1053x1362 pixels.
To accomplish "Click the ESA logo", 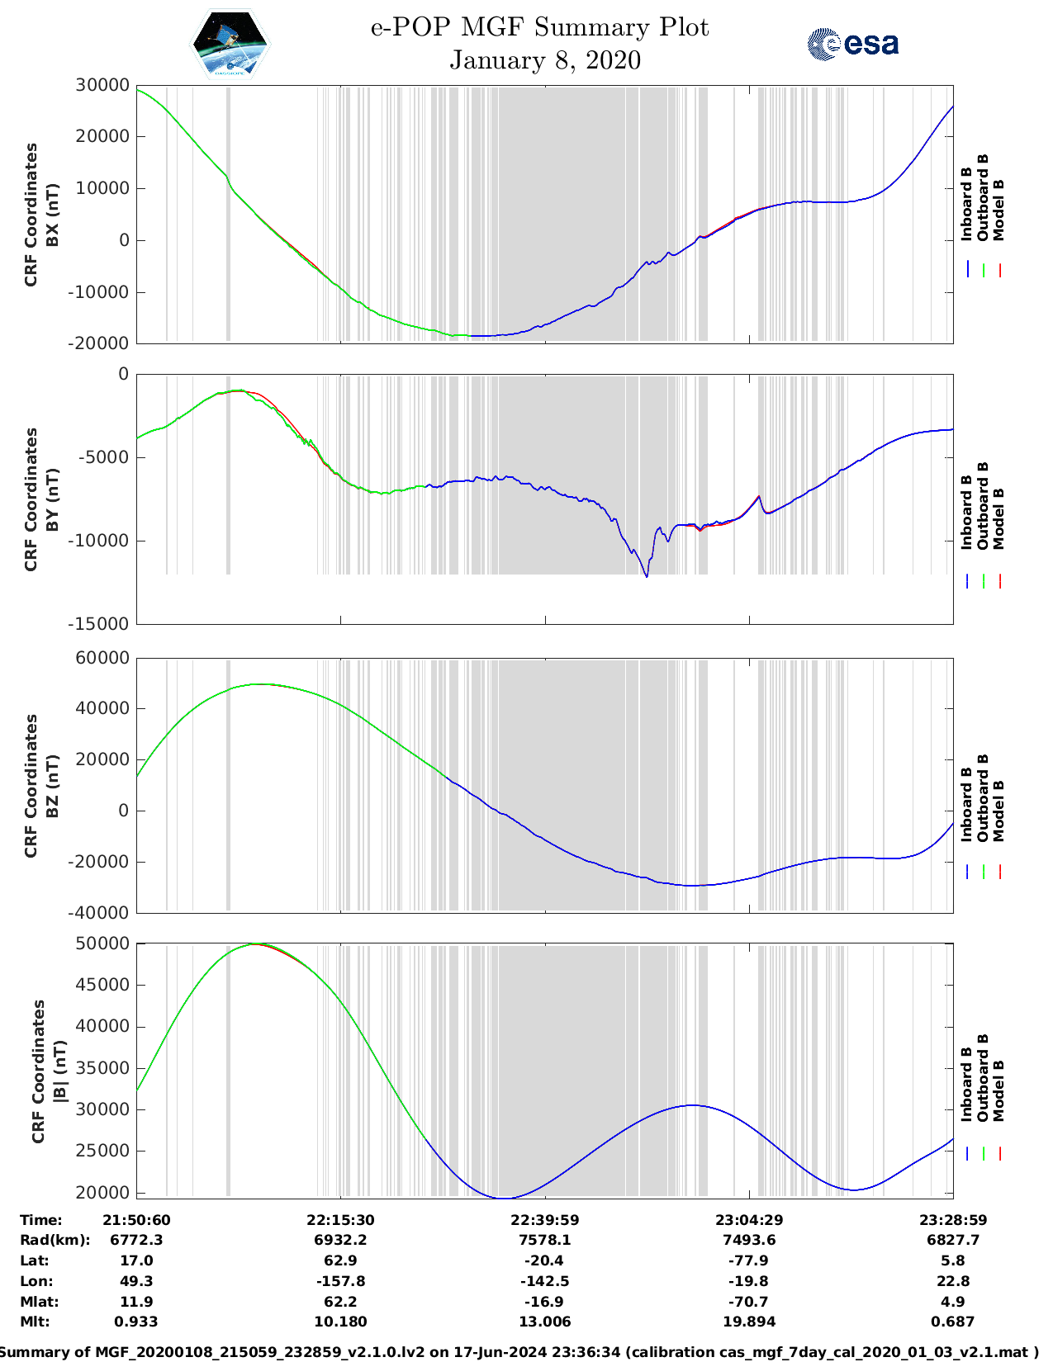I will pos(853,43).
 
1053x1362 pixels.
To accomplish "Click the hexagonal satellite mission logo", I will pos(230,44).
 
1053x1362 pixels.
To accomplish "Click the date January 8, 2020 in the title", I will pos(545,60).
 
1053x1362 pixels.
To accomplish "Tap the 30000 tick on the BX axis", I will pos(102,85).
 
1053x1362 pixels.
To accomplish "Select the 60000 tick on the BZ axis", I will pos(102,658).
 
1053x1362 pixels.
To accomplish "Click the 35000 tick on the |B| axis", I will pos(102,1068).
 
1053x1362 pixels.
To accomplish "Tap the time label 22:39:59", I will pos(545,1220).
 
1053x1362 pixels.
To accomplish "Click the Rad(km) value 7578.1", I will pos(545,1240).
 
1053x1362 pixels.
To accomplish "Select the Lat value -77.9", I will pos(749,1260).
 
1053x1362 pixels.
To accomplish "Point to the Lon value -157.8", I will pos(340,1281).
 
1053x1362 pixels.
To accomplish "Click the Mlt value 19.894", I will pos(749,1322).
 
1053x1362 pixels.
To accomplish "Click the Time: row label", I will pos(41,1220).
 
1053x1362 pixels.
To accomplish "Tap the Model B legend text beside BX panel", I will pos(998,210).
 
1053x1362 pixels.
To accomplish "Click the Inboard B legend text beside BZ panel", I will pos(967,805).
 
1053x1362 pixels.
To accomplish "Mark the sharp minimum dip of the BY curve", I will pos(647,576).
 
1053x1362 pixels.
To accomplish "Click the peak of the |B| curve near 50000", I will pos(256,943).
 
